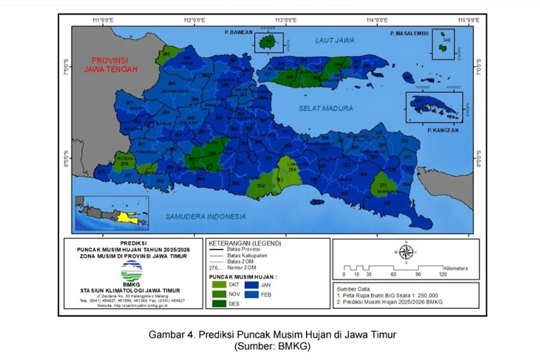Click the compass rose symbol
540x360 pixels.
pyautogui.click(x=405, y=253)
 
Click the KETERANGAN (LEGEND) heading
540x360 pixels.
pyautogui.click(x=246, y=243)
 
